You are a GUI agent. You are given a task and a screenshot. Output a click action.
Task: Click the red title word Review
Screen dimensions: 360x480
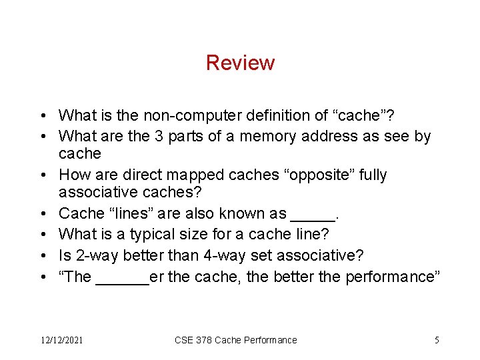(x=240, y=63)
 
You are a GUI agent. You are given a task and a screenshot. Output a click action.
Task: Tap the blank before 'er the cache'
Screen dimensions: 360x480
(x=123, y=280)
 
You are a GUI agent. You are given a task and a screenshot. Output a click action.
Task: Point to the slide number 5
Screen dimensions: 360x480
(x=437, y=340)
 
